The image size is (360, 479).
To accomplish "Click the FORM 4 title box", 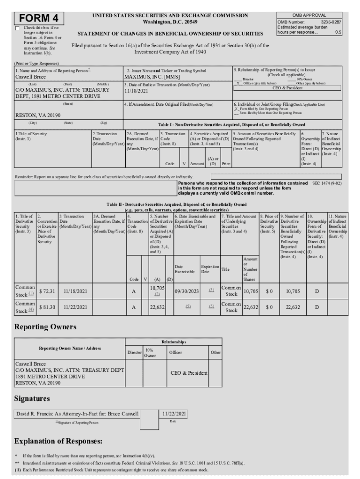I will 39,18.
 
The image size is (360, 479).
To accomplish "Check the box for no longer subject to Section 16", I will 18,28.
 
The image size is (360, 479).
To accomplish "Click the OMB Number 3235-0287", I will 309,22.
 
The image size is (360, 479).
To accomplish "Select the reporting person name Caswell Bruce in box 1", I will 31,76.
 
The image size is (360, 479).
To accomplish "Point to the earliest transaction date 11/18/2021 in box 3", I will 136,91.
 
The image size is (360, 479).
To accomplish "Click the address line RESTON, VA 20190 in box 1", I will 38,115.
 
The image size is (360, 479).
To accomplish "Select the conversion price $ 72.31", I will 47,291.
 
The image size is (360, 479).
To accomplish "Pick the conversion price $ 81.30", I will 47,307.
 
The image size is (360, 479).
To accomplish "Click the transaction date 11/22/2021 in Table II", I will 75,307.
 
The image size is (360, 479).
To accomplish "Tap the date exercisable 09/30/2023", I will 187,291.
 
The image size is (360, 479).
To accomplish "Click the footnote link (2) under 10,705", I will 157,295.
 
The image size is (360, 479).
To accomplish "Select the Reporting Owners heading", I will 45,327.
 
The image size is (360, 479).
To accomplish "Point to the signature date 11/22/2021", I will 174,414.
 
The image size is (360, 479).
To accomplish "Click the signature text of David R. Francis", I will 78,414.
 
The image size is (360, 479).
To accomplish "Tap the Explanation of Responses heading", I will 58,442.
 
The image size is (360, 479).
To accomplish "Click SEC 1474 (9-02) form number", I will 327,183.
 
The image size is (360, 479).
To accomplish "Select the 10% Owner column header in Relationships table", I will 150,353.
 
